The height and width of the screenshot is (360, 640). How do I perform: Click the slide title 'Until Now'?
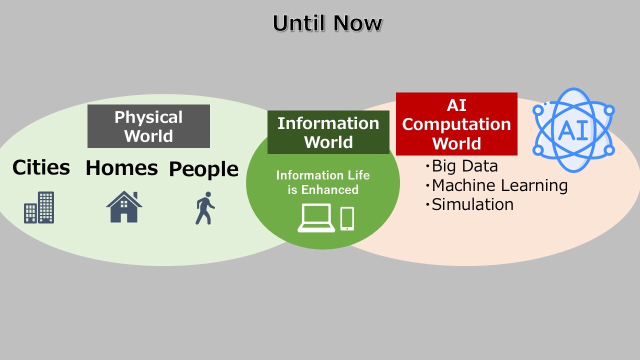pos(327,23)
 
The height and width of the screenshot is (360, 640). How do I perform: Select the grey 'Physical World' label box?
pos(148,126)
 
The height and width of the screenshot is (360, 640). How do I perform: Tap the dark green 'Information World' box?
pos(328,132)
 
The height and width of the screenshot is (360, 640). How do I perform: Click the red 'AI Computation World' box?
pos(456,124)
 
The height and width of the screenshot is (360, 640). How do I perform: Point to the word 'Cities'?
pos(41,167)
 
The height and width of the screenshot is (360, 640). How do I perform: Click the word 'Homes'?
pos(121,167)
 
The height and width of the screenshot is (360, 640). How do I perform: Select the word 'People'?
pos(203,169)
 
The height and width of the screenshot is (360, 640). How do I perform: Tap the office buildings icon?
pos(39,207)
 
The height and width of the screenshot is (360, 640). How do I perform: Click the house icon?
pos(124,206)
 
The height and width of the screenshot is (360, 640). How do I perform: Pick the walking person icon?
pos(205,208)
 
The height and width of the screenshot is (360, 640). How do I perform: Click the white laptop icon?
pos(316,217)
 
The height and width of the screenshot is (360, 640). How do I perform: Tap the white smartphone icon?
pos(347,219)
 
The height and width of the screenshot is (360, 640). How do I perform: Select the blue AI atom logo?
pos(573,130)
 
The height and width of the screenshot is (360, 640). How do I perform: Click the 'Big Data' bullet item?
pos(461,166)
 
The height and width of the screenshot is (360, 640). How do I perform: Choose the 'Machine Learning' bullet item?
pos(496,185)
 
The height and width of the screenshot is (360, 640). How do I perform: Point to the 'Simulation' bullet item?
pos(469,204)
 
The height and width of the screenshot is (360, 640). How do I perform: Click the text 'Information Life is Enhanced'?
pos(323,182)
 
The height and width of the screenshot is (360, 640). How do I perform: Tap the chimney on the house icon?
pos(135,195)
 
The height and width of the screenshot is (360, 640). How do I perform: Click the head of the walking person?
pos(208,194)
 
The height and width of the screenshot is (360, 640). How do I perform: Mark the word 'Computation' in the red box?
pos(456,124)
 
